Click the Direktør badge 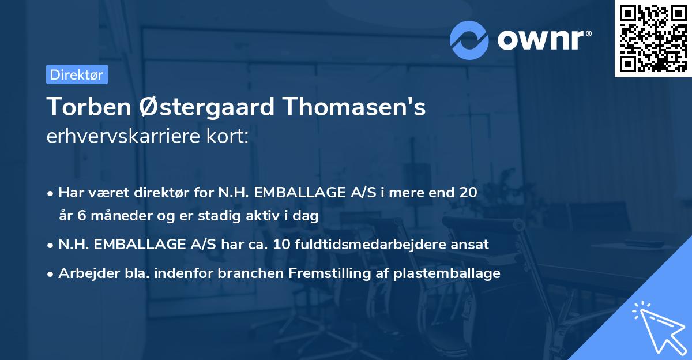[77, 74]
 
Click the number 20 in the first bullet [468, 192]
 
